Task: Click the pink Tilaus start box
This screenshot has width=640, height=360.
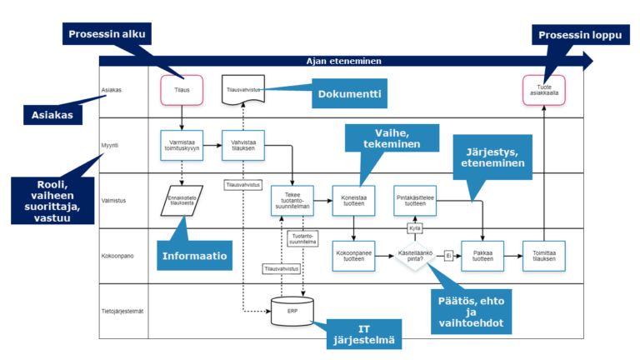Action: click(181, 89)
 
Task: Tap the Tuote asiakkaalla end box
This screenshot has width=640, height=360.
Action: click(543, 89)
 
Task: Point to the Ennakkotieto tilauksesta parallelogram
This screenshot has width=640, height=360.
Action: click(181, 201)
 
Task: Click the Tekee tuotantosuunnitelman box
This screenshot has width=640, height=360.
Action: click(292, 201)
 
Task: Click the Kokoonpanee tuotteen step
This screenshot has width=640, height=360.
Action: click(354, 256)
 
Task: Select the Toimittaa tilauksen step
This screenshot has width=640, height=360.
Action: click(543, 256)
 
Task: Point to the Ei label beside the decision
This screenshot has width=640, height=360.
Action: click(448, 256)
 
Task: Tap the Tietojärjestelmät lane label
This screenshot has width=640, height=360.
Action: click(122, 311)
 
